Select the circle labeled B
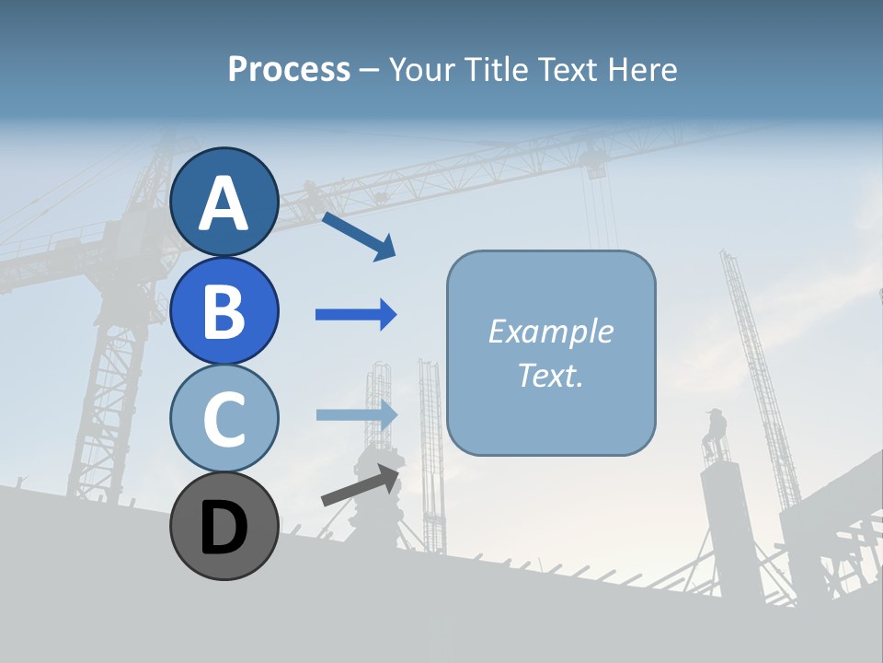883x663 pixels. coord(224,310)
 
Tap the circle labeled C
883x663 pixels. coord(224,418)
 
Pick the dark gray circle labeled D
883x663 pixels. coord(224,526)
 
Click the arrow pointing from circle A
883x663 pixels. coord(359,236)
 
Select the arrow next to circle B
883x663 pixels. coord(356,315)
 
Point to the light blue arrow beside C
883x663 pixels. coord(357,414)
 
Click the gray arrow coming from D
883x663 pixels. coord(361,485)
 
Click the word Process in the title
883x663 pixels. coord(289,69)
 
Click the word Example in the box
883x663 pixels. coord(551,331)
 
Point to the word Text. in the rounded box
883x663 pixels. coord(551,375)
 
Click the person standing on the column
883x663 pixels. coord(715,433)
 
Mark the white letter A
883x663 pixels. coord(224,204)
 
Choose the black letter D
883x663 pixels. coord(224,528)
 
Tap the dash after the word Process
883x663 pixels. coord(370,71)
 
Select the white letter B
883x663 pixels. coord(224,311)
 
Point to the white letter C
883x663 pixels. coord(224,419)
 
